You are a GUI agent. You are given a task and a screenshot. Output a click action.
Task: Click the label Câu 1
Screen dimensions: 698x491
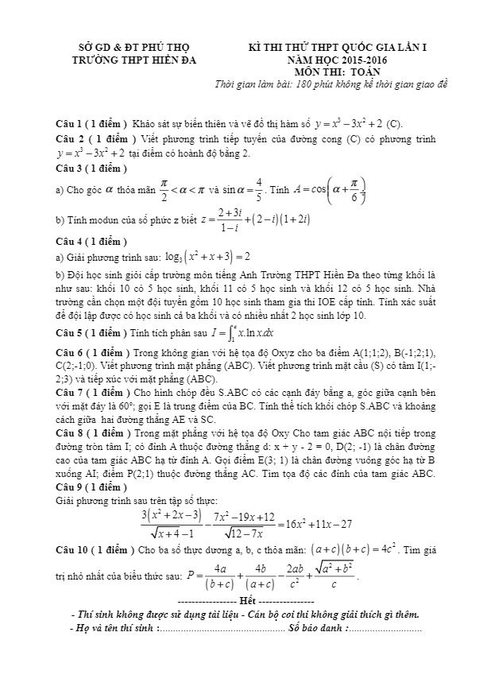click(x=69, y=125)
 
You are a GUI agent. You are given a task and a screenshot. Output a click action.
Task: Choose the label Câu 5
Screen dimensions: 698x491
click(x=69, y=332)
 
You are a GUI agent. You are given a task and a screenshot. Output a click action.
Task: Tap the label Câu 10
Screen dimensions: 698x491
click(x=72, y=549)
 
